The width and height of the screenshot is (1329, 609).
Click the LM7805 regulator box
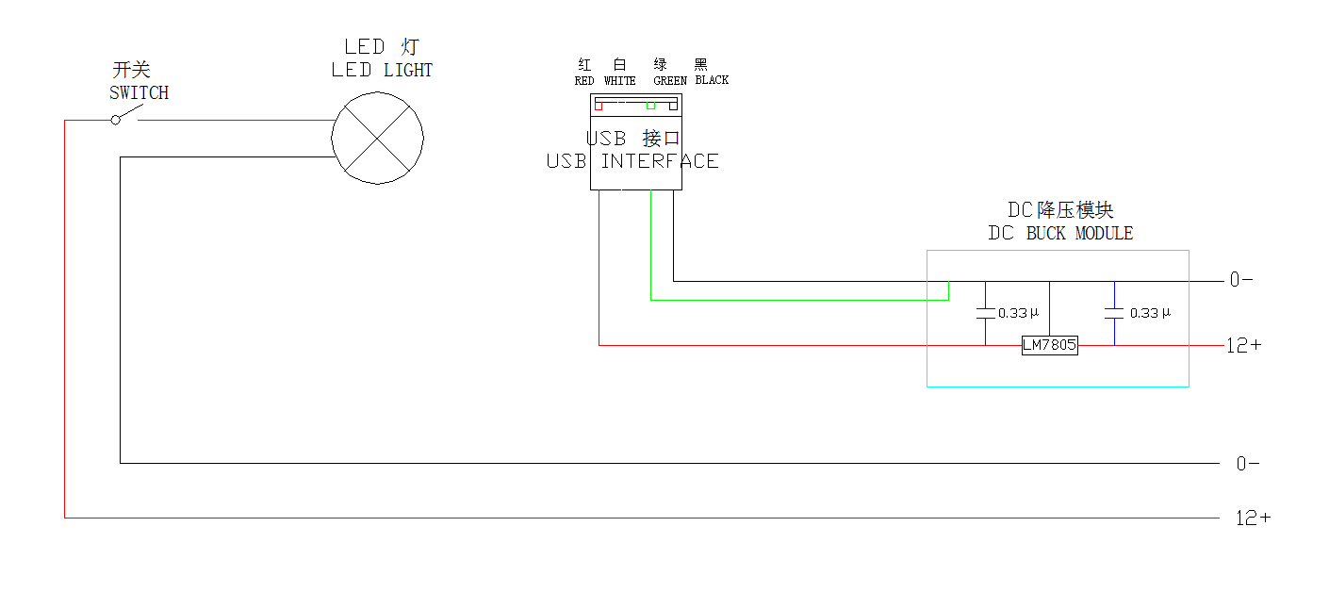(x=1050, y=345)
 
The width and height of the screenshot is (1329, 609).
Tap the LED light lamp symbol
(x=377, y=138)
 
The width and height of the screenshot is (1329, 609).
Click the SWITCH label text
(x=139, y=92)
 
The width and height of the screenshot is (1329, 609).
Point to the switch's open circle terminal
(x=116, y=120)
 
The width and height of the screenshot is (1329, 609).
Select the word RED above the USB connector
(x=584, y=81)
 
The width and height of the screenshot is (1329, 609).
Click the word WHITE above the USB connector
(x=620, y=81)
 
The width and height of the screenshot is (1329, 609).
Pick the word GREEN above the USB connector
(x=670, y=81)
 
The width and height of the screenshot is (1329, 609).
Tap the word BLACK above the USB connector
(x=712, y=80)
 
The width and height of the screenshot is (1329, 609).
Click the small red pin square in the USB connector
(x=599, y=106)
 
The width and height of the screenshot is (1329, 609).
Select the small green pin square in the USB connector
(x=651, y=106)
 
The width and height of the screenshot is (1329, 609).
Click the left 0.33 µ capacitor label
(x=1018, y=313)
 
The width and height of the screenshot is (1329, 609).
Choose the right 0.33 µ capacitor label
(x=1150, y=313)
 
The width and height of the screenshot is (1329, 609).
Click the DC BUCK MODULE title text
(x=1060, y=233)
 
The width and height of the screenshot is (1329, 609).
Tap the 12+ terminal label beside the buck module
(x=1243, y=345)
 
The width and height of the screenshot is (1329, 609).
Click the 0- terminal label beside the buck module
(x=1241, y=280)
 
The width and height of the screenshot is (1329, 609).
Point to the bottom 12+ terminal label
(x=1253, y=518)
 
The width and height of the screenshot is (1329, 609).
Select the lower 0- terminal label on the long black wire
(x=1248, y=464)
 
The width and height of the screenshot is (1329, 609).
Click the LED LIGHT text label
(x=382, y=70)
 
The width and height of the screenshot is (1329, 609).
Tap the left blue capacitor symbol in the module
(x=986, y=313)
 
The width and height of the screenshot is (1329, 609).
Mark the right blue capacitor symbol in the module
(x=1114, y=313)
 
